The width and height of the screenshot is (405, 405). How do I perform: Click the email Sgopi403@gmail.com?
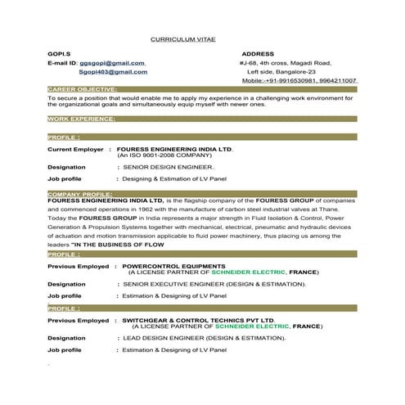click(113, 72)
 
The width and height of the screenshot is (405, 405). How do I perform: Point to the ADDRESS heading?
click(259, 53)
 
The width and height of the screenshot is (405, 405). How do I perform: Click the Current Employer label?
click(77, 150)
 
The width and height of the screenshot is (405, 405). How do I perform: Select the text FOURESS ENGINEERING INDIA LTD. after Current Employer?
click(175, 150)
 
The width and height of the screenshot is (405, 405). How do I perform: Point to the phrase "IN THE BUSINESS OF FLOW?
click(118, 245)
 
